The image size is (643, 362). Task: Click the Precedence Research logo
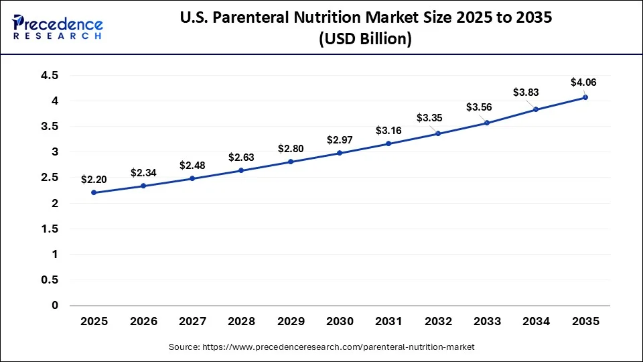click(58, 27)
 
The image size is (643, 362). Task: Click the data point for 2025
click(94, 192)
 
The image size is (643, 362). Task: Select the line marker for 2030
click(340, 153)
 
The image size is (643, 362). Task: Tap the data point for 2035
click(585, 97)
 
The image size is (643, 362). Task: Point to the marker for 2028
click(241, 170)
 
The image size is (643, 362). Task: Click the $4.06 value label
click(583, 82)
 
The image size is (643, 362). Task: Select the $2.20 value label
click(94, 179)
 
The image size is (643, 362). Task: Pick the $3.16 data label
click(388, 129)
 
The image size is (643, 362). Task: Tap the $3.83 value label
click(526, 92)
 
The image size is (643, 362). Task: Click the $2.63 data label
click(241, 157)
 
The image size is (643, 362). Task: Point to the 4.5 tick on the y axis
click(50, 75)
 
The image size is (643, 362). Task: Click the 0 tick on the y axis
click(55, 306)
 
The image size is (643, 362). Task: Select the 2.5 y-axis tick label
click(50, 178)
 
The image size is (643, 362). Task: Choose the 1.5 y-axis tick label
click(50, 229)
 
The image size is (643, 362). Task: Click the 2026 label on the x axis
click(143, 322)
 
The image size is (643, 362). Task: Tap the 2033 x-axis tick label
click(487, 322)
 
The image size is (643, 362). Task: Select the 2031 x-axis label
click(388, 322)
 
